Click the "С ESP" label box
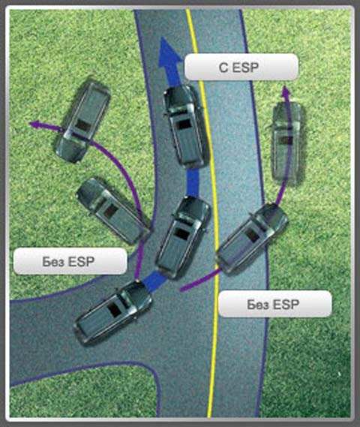coord(241,67)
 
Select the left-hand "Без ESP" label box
coord(70,261)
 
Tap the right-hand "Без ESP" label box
coord(275,304)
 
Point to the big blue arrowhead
coord(169,53)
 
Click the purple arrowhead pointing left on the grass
coord(34,125)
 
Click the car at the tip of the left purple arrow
coord(82,122)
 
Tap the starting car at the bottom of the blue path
coord(112,312)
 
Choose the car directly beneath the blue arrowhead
coord(185,126)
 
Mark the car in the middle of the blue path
coord(183,237)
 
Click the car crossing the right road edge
coord(252,237)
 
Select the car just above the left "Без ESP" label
coord(112,212)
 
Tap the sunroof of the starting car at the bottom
coord(114,310)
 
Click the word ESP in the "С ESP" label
coord(245,68)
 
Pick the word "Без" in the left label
coord(53,261)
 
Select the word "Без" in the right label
coord(258,304)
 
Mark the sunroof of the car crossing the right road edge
coord(252,236)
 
